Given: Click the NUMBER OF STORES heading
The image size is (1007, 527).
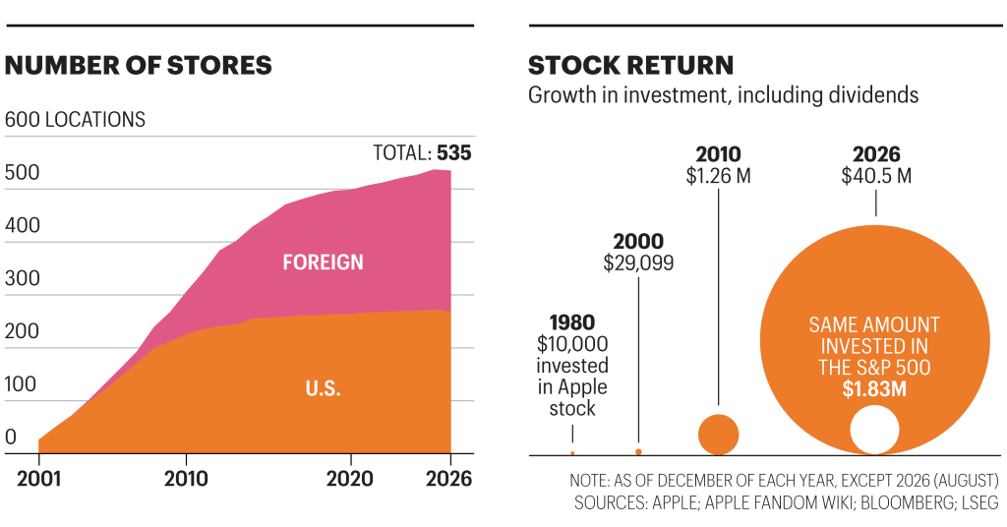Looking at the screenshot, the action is pos(138,66).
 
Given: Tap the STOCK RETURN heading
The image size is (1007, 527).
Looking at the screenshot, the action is pos(630,66).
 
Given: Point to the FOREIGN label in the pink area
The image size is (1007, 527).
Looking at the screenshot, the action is pos(323,262).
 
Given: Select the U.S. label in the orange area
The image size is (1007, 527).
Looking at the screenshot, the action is pos(323,388).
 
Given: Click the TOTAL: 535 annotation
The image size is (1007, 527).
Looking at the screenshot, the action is pos(422,152).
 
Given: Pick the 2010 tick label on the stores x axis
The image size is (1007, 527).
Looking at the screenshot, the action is pos(186,479).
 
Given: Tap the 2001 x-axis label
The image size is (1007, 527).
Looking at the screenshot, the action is pos(38,479).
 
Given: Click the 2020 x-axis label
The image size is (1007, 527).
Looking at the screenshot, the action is pos(349,479).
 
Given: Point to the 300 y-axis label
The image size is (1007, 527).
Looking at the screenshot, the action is pos(22,278).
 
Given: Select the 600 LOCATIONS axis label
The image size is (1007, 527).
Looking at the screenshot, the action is pos(75,119).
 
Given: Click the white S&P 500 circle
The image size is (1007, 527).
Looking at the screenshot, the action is pos(874,430).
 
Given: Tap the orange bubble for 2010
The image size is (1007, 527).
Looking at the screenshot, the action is pos(718,435).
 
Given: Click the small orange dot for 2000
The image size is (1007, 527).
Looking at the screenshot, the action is pos(638,452).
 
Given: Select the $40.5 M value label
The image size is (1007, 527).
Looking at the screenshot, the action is pos(876,175).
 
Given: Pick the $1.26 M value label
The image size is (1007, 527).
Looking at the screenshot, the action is pos(718,175).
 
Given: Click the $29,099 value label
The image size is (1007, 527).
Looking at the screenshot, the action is pos(638,263).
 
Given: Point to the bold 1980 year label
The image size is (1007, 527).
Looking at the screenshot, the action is pos(572,322).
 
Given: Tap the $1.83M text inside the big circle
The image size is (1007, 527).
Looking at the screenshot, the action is pos(874,389).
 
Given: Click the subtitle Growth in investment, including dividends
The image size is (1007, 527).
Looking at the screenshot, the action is pos(723,95).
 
